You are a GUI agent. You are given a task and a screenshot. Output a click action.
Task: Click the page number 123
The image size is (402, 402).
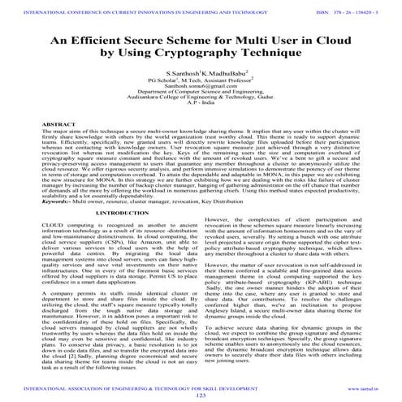201,394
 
